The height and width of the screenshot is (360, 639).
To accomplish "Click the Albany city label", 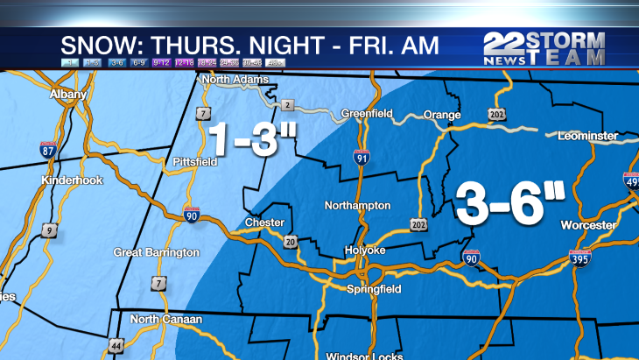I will [x=69, y=94].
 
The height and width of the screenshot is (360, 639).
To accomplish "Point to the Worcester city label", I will [x=588, y=225].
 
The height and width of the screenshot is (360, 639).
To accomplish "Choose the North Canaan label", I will [x=166, y=320].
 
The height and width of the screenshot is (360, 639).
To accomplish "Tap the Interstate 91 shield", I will [x=362, y=158].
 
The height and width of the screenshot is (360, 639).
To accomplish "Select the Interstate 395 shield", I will [x=579, y=257].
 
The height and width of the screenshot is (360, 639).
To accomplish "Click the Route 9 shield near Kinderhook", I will [x=51, y=229].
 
